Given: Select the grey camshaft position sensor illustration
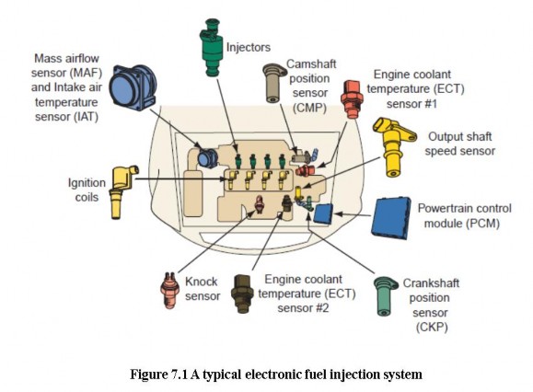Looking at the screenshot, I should [273, 83].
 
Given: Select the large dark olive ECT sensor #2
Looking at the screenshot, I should [242, 292].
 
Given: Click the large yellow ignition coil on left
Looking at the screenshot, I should [123, 189].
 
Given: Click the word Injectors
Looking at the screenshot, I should [249, 44].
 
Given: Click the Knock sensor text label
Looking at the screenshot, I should [202, 289].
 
